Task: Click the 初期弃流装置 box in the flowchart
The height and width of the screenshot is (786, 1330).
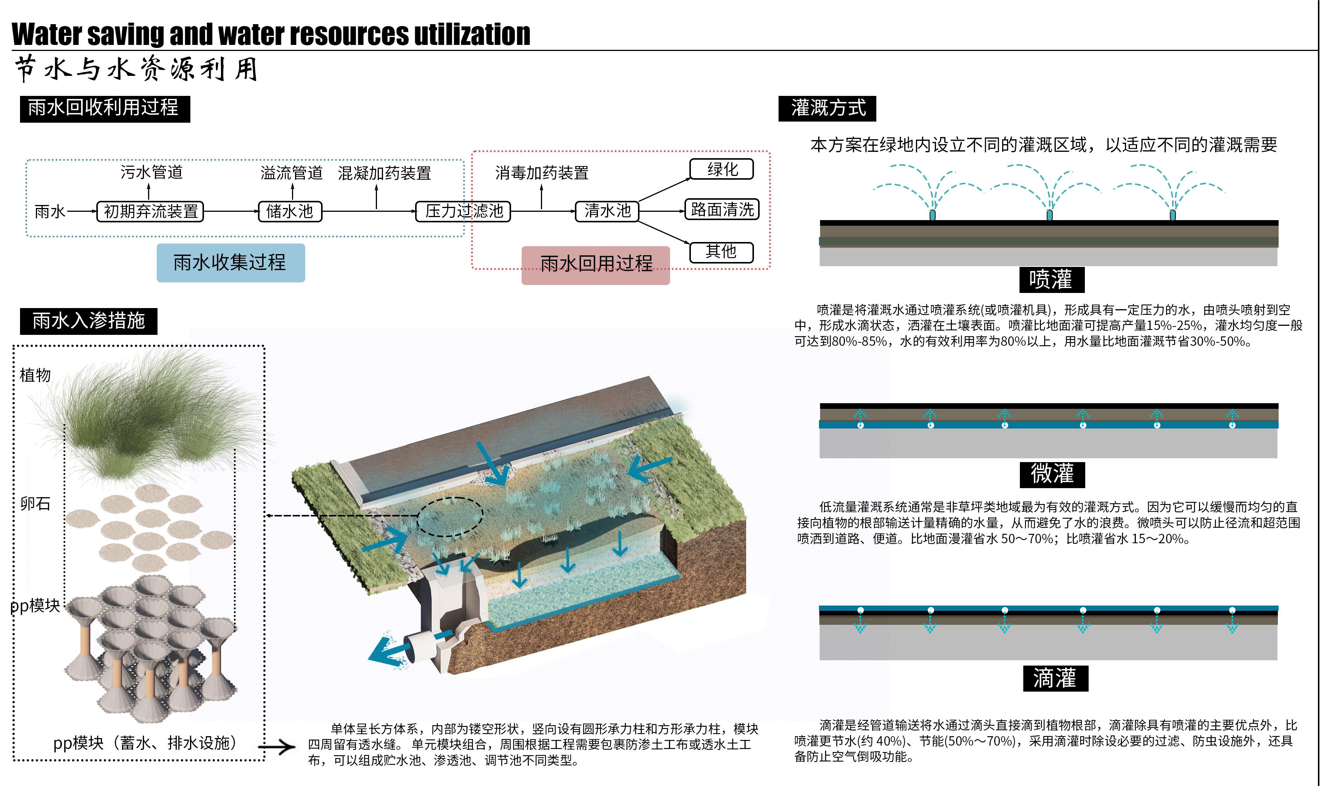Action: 150,211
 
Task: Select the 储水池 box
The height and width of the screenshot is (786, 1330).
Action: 290,211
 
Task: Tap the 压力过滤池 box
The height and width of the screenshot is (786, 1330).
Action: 463,211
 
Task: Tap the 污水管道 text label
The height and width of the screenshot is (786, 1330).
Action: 151,172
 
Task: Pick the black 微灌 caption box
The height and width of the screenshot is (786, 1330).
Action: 1052,474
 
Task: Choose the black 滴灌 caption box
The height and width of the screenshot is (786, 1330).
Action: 1055,678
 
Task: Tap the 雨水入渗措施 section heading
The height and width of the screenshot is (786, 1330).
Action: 88,321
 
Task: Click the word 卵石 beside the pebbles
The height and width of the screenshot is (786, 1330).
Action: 35,504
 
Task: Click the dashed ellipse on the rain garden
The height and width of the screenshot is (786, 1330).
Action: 450,517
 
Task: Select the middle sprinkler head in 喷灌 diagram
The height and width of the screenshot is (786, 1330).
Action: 1049,215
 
